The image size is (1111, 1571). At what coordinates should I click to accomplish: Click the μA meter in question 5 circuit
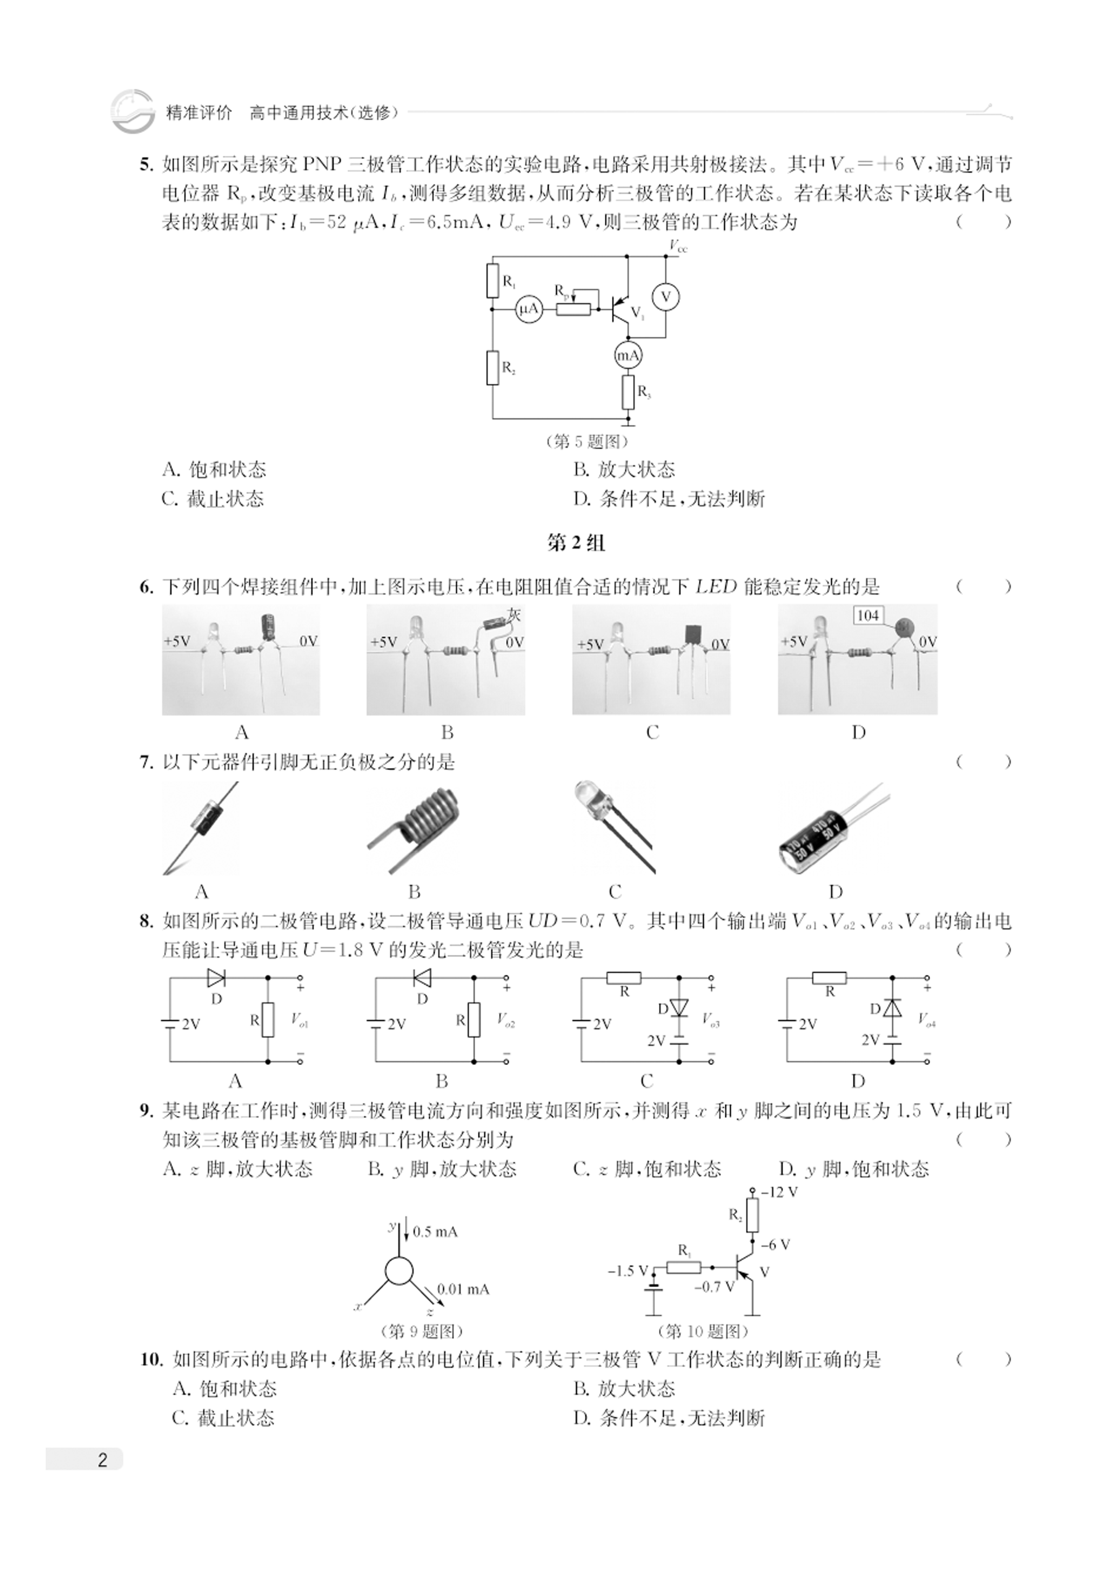[x=529, y=310]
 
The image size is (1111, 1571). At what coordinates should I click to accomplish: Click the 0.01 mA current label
[x=463, y=1289]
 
